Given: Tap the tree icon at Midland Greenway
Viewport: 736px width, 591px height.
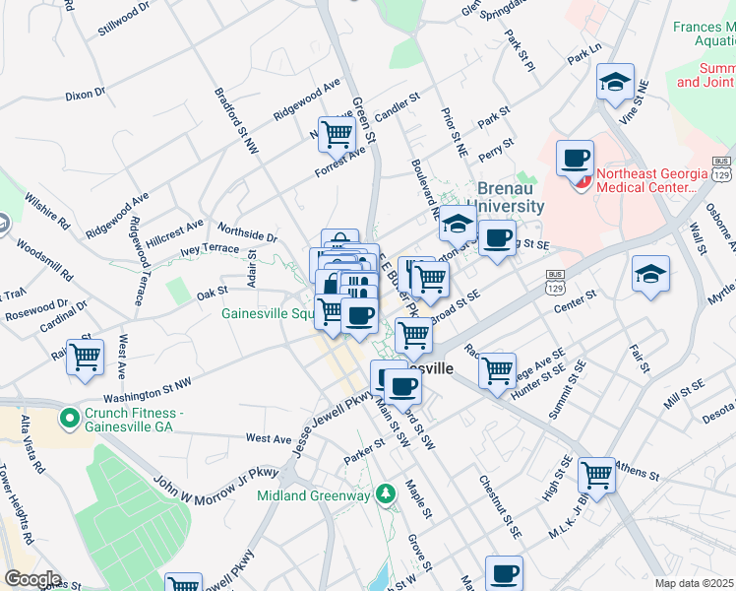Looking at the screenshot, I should point(388,492).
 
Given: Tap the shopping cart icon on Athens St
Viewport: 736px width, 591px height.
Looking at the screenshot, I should point(596,474).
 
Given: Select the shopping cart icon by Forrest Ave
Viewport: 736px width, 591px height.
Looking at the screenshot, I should point(337,131).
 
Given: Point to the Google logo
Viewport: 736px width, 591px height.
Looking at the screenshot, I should point(32,578).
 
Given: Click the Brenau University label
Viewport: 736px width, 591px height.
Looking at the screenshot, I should point(511,197).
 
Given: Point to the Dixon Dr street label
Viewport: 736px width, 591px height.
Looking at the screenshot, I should point(86,95).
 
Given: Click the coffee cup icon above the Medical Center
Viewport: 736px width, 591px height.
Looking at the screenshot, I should point(576,157).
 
